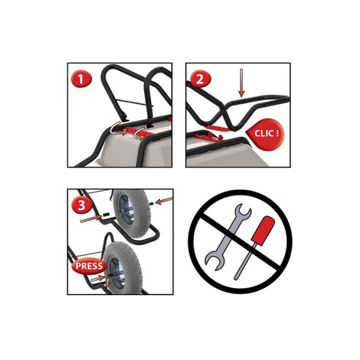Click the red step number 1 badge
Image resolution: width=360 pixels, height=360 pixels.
point(81,79)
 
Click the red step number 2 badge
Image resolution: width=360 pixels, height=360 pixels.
point(200,79)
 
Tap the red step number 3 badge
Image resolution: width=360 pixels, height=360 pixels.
point(82,205)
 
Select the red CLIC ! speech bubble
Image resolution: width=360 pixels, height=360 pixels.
point(265,134)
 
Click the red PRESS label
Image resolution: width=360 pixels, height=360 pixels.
point(89,266)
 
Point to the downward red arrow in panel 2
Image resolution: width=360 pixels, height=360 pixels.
point(241,82)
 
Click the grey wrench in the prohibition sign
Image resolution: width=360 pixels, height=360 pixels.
point(227,237)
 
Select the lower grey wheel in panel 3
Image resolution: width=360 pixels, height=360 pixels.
point(122,268)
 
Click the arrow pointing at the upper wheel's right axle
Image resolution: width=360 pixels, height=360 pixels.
point(164,200)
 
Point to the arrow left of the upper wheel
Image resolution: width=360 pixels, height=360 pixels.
point(91,219)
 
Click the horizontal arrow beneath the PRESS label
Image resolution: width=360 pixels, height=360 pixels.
point(98,278)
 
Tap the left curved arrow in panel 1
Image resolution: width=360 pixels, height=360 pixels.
point(118,129)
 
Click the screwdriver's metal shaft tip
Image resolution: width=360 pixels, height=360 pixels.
point(235,278)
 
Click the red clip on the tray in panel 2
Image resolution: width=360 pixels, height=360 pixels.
point(208,137)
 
